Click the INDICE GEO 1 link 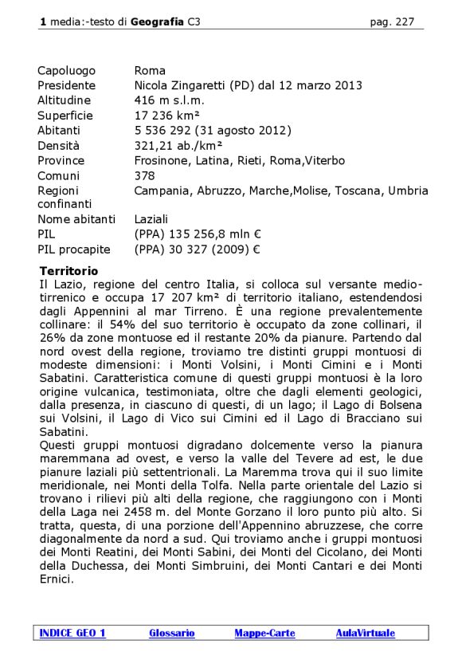pyautogui.click(x=72, y=633)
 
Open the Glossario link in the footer pyautogui.click(x=171, y=633)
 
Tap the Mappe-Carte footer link pyautogui.click(x=264, y=633)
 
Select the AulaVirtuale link pyautogui.click(x=365, y=633)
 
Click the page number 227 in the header pyautogui.click(x=405, y=22)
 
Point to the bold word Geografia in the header pyautogui.click(x=158, y=22)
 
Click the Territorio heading pyautogui.click(x=69, y=271)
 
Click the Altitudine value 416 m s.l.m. pyautogui.click(x=169, y=100)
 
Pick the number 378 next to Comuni pyautogui.click(x=144, y=175)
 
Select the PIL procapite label pyautogui.click(x=74, y=249)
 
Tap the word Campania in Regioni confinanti pyautogui.click(x=162, y=191)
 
